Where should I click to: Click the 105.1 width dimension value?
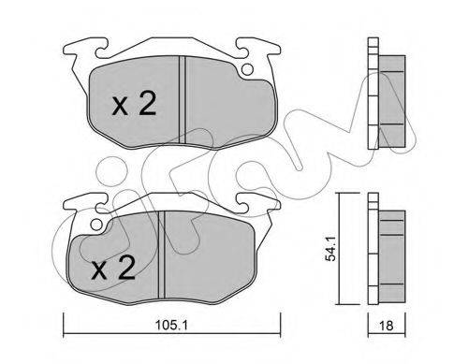(x=171, y=326)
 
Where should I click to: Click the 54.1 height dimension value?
(x=329, y=249)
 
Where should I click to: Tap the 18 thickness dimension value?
(x=387, y=326)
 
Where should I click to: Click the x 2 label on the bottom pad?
(x=113, y=269)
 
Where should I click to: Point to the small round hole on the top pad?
(x=247, y=69)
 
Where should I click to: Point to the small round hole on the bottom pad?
(x=97, y=224)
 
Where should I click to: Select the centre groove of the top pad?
(x=183, y=100)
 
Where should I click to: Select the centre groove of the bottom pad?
(x=161, y=255)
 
